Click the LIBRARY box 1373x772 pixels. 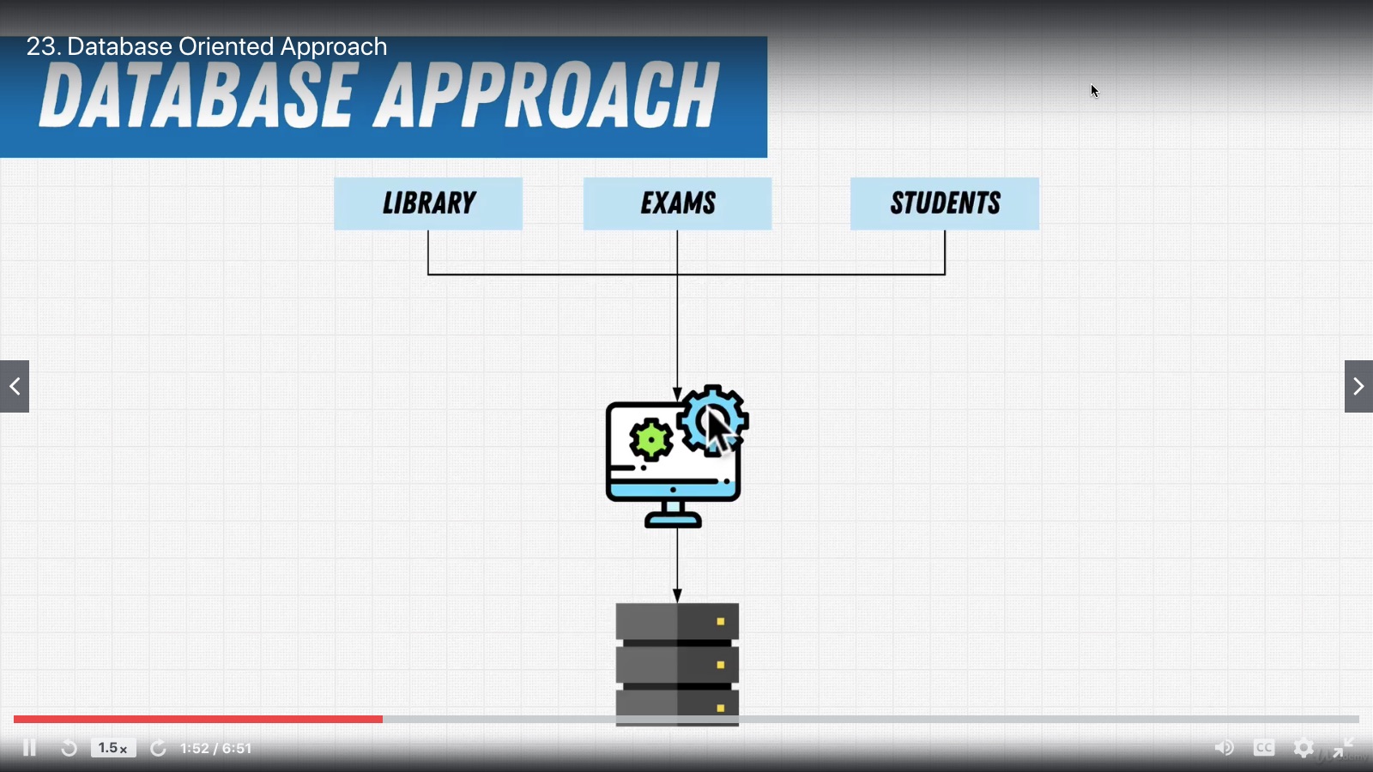pyautogui.click(x=427, y=203)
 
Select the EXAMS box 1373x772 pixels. pyautogui.click(x=677, y=203)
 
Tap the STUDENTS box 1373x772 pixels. pyautogui.click(x=944, y=203)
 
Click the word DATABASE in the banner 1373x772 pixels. pyautogui.click(x=197, y=96)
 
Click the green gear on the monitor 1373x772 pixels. pyautogui.click(x=651, y=440)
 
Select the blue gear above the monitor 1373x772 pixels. pyautogui.click(x=712, y=419)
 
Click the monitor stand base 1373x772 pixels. pyautogui.click(x=673, y=520)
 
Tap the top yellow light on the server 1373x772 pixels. pyautogui.click(x=721, y=621)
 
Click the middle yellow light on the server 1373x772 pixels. pyautogui.click(x=721, y=665)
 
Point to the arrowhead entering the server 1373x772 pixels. pyautogui.click(x=677, y=595)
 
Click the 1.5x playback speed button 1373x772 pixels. pyautogui.click(x=112, y=748)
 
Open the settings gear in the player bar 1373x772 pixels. pyautogui.click(x=1303, y=748)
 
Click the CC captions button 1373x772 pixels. pyautogui.click(x=1264, y=748)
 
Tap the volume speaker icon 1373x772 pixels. pyautogui.click(x=1224, y=748)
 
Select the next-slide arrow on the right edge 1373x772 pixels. pyautogui.click(x=1358, y=387)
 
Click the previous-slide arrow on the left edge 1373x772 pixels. pyautogui.click(x=15, y=387)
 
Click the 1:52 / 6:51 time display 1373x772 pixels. pyautogui.click(x=216, y=748)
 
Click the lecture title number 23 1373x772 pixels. pyautogui.click(x=41, y=46)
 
